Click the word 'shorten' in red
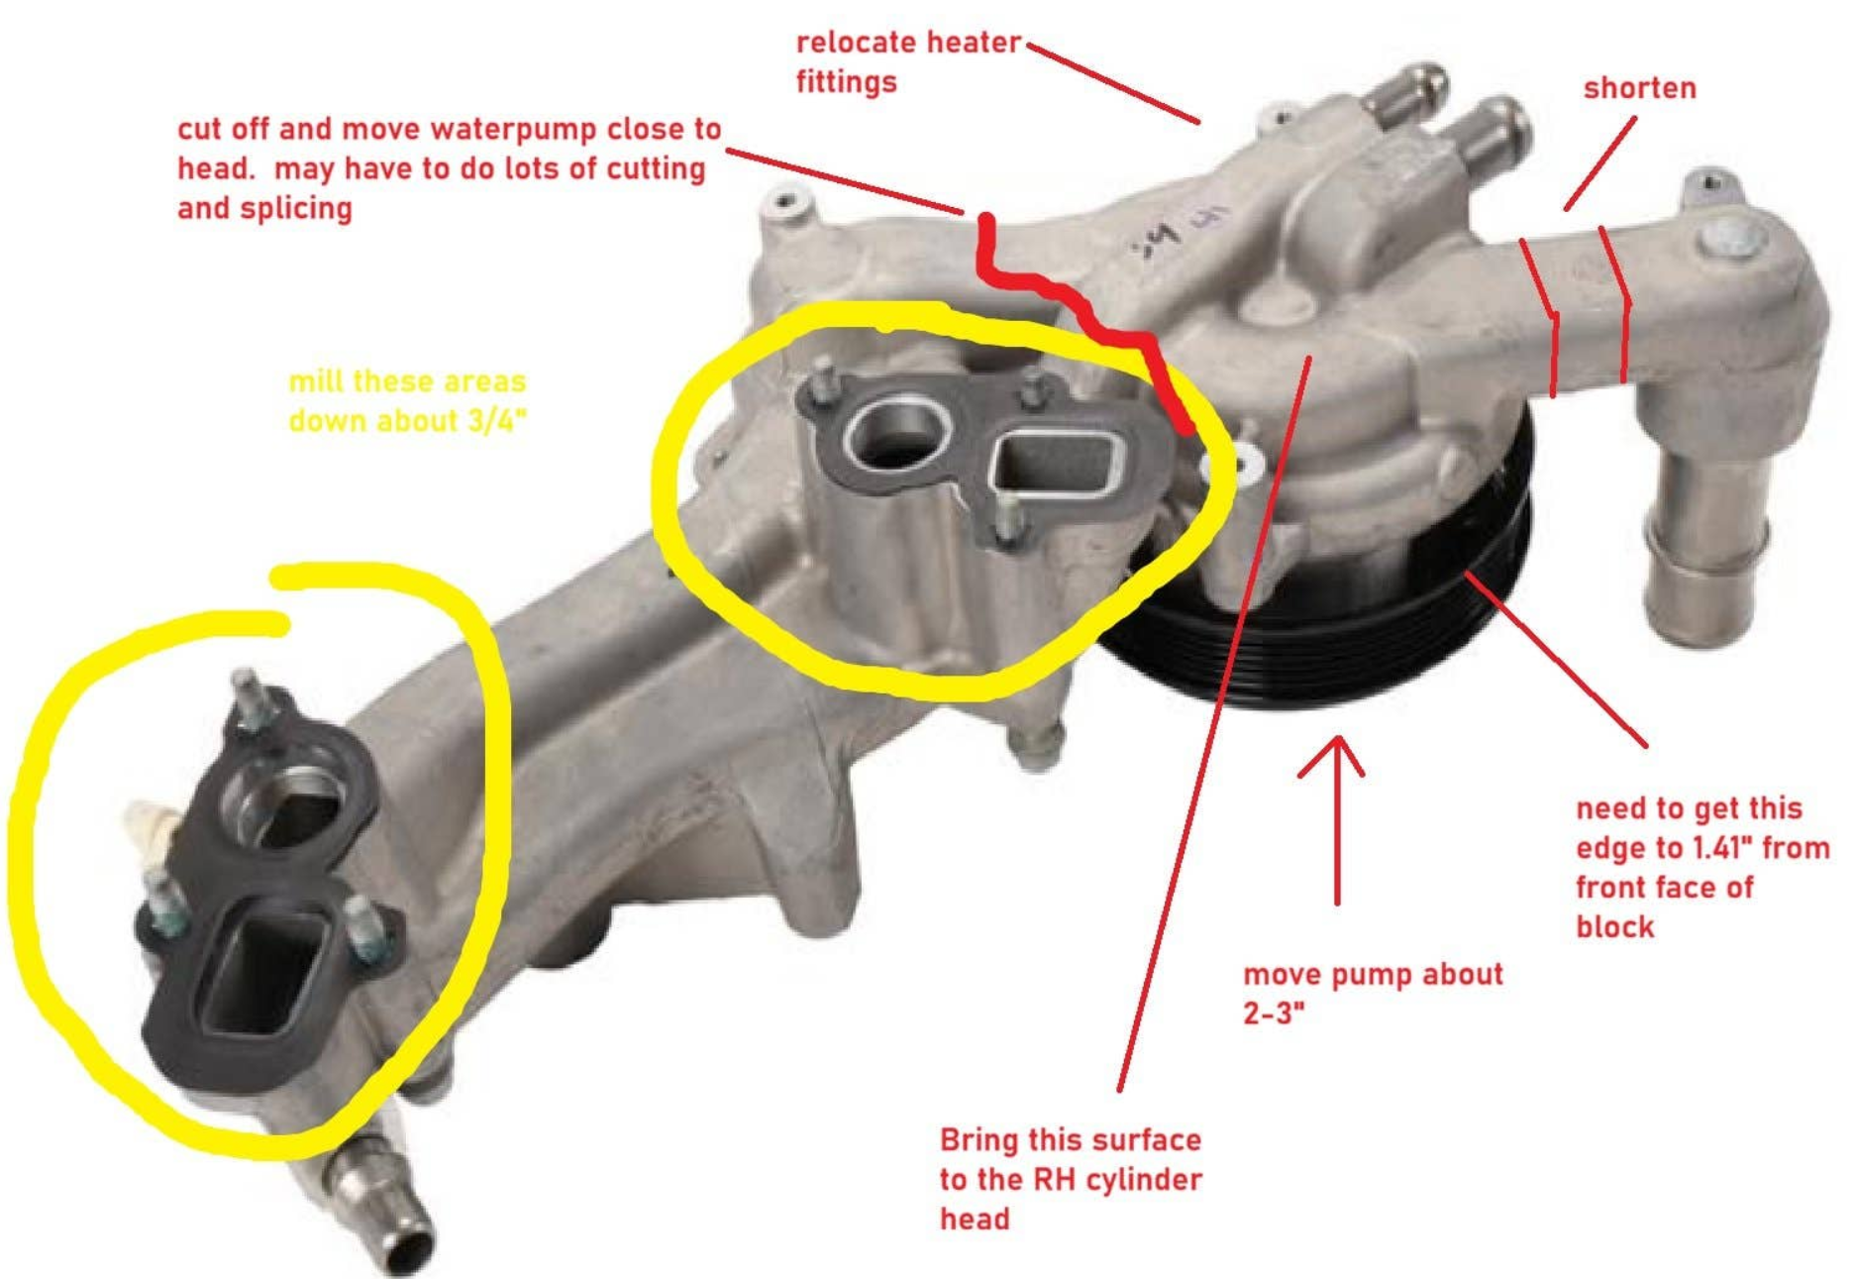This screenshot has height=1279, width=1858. click(x=1639, y=88)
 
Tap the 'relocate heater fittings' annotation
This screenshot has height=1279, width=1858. click(x=908, y=61)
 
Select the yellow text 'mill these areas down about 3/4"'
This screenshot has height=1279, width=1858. click(x=407, y=401)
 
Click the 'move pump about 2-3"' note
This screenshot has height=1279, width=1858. click(x=1373, y=993)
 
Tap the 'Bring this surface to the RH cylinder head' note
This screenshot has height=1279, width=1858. click(x=1071, y=1179)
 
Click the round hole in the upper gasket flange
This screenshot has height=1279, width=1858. click(x=896, y=434)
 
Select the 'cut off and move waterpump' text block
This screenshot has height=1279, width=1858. click(x=450, y=168)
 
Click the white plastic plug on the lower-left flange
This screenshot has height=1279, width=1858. click(x=149, y=827)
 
